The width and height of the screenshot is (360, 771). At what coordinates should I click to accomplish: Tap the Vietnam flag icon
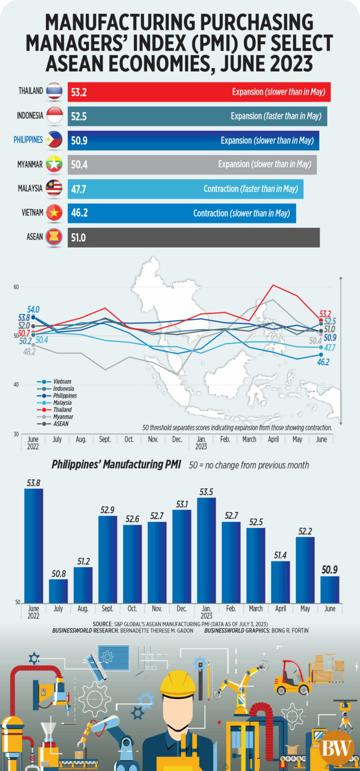(54, 213)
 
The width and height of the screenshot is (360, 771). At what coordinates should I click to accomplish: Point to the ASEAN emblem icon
(54, 237)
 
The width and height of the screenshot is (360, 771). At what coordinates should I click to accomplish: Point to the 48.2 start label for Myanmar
(29, 351)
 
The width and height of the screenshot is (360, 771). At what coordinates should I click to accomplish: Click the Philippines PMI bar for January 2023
(206, 550)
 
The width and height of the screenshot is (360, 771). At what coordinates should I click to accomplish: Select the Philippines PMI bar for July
(58, 591)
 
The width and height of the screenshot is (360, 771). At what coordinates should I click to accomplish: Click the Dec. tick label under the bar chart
(181, 609)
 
